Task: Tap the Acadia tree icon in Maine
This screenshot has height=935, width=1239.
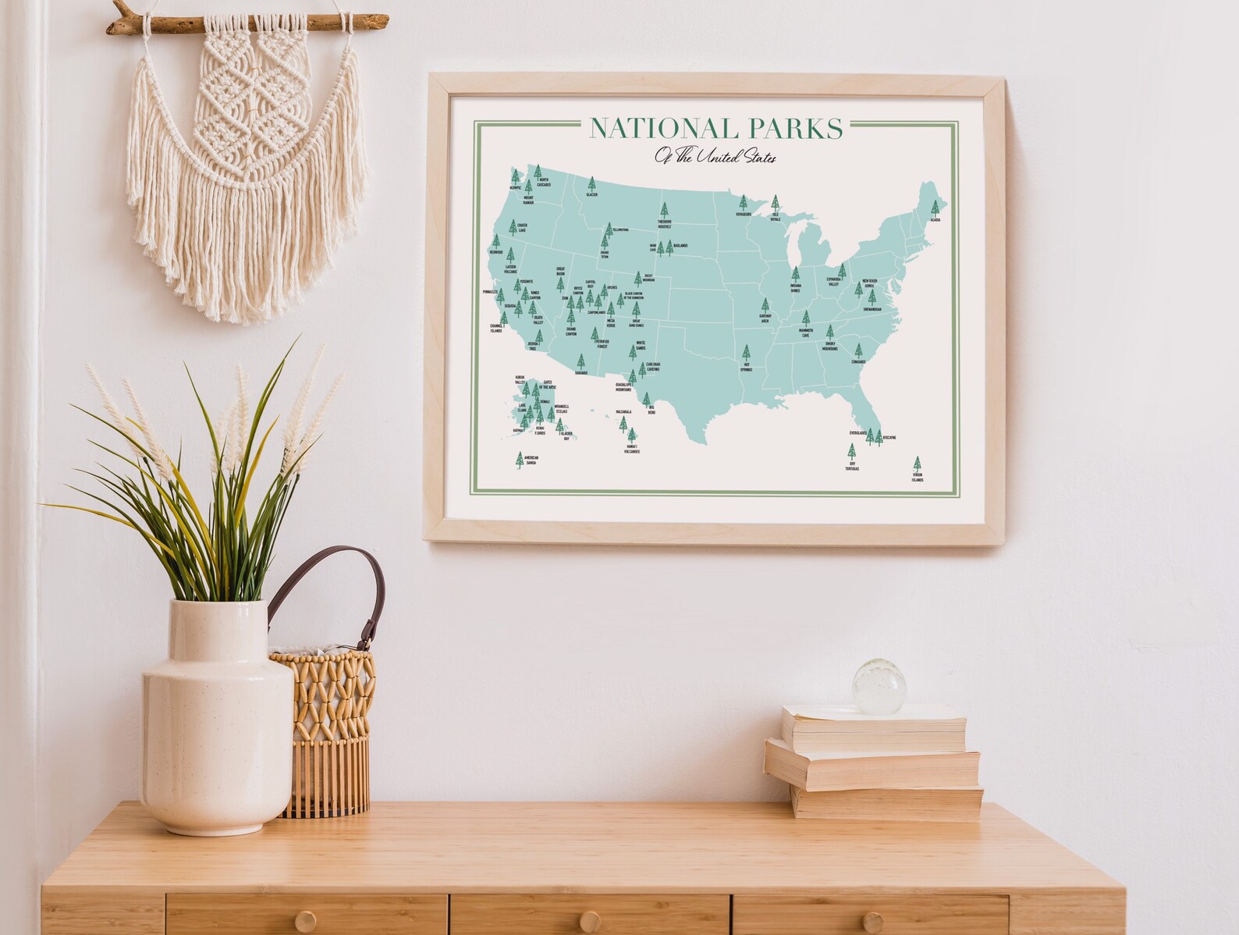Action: point(935,208)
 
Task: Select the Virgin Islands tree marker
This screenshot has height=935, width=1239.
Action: point(917,464)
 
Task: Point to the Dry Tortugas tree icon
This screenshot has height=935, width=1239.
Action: point(851,452)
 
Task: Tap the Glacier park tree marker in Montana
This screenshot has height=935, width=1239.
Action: point(591,184)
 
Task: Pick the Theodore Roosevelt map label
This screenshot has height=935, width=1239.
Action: point(665,224)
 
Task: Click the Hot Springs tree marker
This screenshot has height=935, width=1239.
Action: point(746,353)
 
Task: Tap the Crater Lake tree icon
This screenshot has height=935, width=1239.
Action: point(513,227)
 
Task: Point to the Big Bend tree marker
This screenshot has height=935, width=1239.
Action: point(646,400)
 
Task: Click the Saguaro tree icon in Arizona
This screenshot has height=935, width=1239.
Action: point(580,361)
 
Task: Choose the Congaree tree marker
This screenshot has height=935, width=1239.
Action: point(858,351)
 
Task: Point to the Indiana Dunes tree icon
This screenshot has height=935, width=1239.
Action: point(795,275)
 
